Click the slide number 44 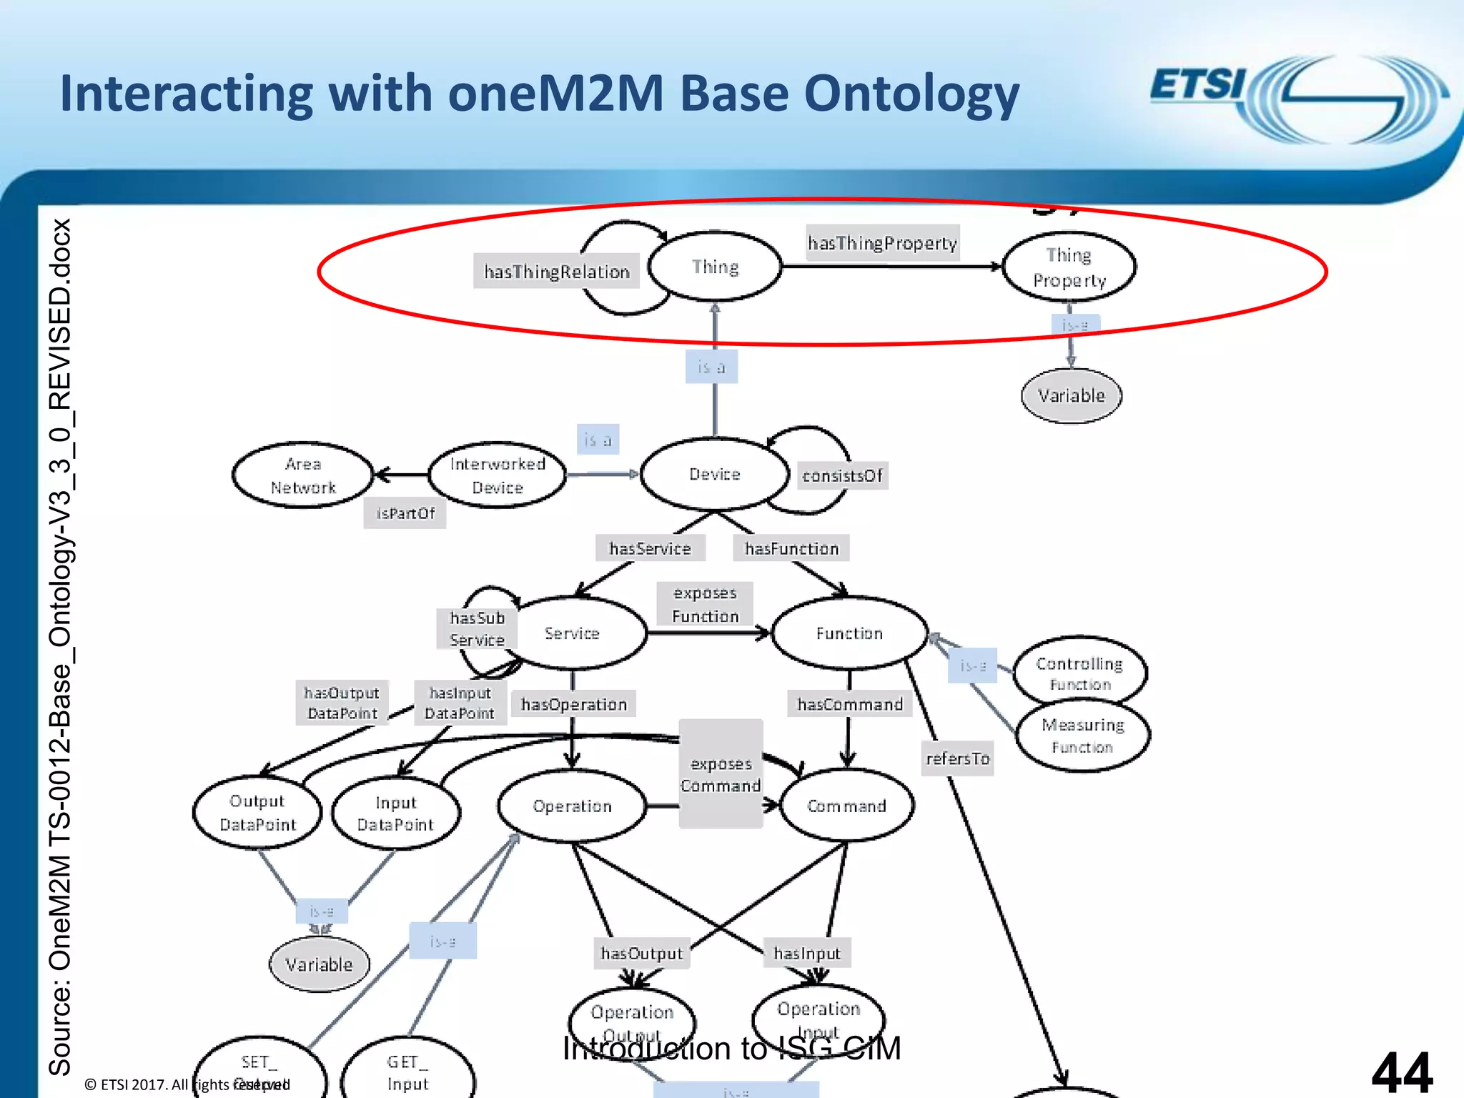1401,1072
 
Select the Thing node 715,267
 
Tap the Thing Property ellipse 1069,267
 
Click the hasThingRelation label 556,272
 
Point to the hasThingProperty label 882,243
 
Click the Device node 714,474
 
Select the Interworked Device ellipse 498,475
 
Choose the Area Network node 303,475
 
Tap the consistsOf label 842,475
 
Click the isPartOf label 405,513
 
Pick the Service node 572,633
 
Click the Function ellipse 849,633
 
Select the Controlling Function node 1079,673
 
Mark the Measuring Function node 1082,736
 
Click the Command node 846,806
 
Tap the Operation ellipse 572,806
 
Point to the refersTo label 957,758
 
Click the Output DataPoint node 257,813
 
